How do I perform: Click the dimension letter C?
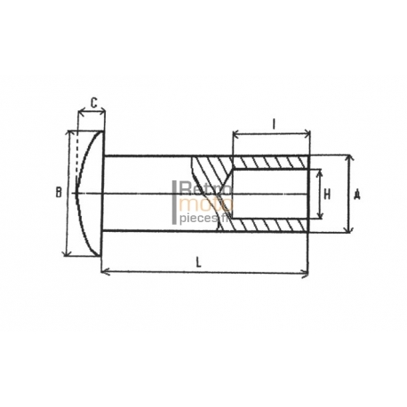pos(93,103)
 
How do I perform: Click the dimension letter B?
pos(59,193)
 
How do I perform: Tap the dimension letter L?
pos(199,262)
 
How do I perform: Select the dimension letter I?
pos(274,124)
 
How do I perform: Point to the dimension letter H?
pos(327,195)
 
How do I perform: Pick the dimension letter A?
pos(357,195)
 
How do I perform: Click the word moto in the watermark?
pos(206,204)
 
